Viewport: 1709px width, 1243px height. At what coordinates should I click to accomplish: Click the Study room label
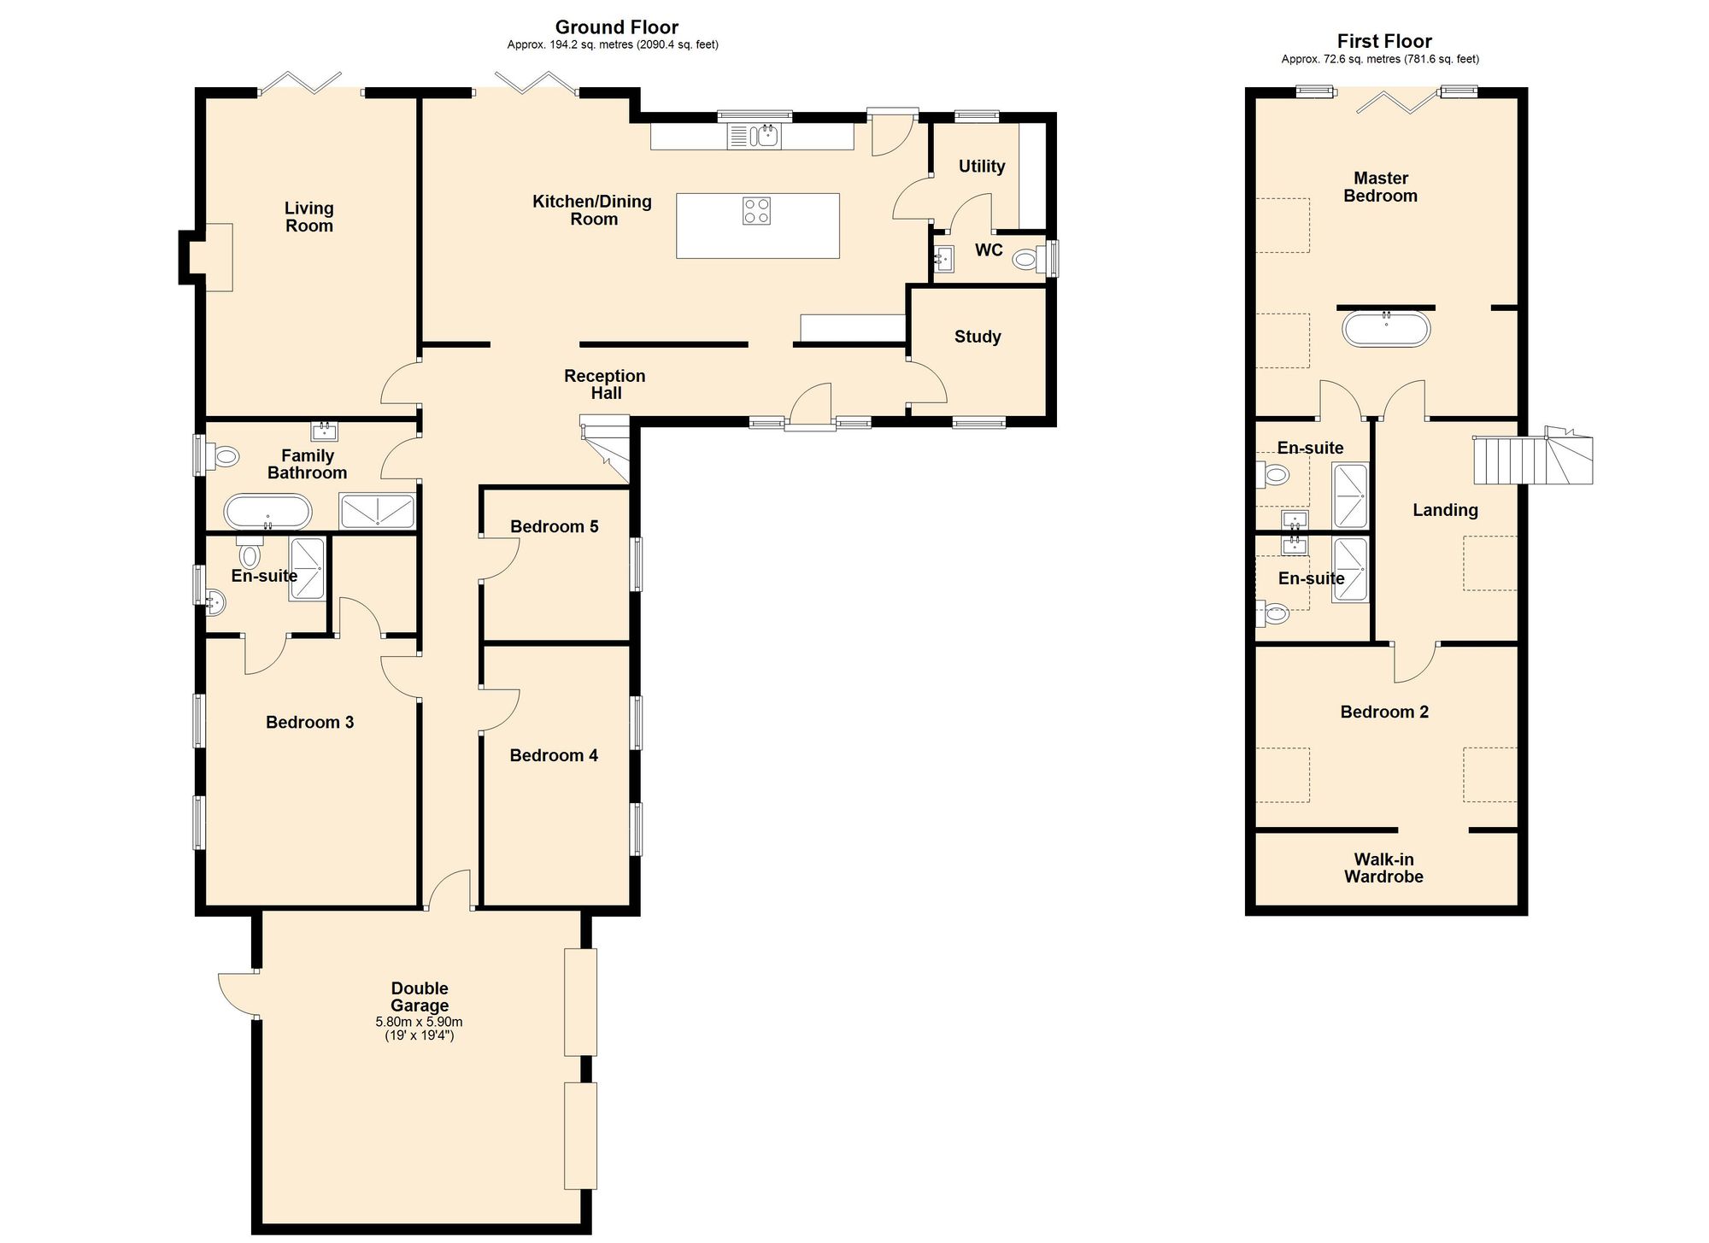tap(978, 337)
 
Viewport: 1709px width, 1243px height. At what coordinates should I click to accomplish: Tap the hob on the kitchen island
tap(756, 211)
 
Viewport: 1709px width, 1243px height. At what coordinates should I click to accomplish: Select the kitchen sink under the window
tap(754, 136)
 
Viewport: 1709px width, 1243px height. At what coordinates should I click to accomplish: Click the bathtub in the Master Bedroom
tap(1386, 329)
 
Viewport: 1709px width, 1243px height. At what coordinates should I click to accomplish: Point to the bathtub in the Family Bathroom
tap(267, 513)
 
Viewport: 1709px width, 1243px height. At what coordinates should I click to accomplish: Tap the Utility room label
tap(982, 167)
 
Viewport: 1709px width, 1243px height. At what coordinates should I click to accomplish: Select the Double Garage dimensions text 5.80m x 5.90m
tap(419, 1022)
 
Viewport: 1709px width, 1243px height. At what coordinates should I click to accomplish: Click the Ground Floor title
tap(617, 27)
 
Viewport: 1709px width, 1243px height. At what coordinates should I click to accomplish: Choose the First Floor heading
tap(1384, 41)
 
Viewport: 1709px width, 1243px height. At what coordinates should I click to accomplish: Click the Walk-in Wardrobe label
tap(1383, 868)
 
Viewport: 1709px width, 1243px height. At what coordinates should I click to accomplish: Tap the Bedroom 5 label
tap(554, 527)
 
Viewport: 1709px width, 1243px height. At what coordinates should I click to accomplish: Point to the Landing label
tap(1445, 511)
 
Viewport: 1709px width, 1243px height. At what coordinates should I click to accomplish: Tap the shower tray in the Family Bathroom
tap(377, 511)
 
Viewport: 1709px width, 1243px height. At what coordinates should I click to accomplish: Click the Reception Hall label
tap(605, 384)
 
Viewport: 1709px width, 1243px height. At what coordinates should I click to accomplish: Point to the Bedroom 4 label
tap(554, 756)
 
